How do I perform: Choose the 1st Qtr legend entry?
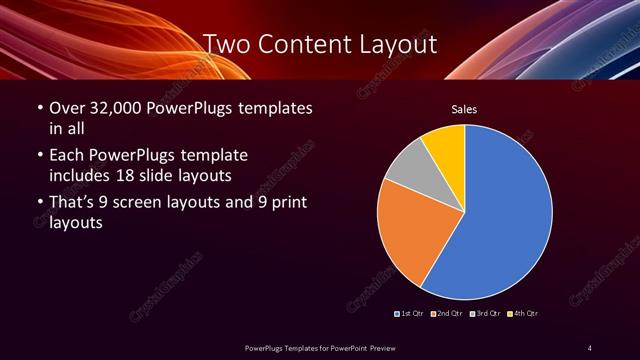tap(409, 314)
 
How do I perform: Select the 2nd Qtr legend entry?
tap(446, 314)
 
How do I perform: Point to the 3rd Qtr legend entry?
tap(484, 314)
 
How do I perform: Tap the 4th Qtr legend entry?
tap(523, 314)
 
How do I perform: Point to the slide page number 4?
tap(589, 347)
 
